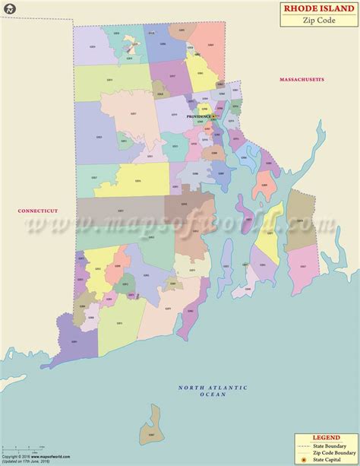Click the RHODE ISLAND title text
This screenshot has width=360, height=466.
coord(317,8)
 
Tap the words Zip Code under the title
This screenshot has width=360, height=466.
coord(317,21)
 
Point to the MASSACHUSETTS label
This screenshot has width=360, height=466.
coord(301,79)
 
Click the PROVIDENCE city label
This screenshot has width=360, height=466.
coord(198,117)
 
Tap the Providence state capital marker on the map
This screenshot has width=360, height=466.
coord(215,116)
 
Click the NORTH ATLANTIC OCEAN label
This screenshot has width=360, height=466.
coord(213,392)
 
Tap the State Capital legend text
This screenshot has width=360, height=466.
coord(333,460)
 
